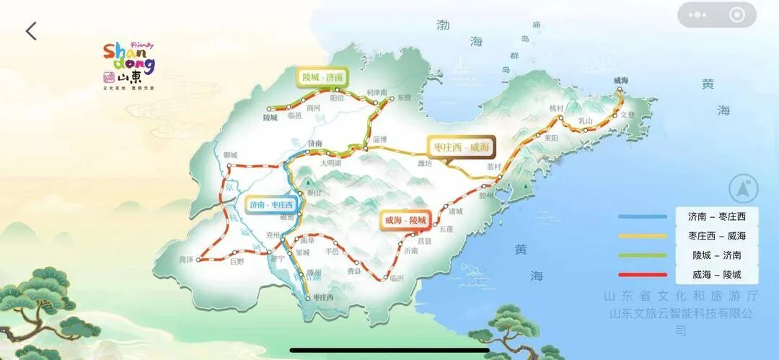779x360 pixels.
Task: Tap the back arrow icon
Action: pyautogui.click(x=30, y=31)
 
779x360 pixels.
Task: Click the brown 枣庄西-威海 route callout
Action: pyautogui.click(x=460, y=146)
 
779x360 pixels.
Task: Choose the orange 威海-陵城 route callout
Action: pyautogui.click(x=406, y=219)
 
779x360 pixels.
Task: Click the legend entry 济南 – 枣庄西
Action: pyautogui.click(x=716, y=216)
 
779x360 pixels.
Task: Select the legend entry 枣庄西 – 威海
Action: pyautogui.click(x=716, y=236)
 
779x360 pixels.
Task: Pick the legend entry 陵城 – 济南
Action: pyautogui.click(x=716, y=255)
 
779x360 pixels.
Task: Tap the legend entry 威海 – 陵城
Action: pyautogui.click(x=716, y=275)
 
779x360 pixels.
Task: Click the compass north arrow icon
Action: pyautogui.click(x=744, y=189)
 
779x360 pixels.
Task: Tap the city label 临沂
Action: pyautogui.click(x=397, y=278)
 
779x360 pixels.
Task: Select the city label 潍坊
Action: pyautogui.click(x=405, y=163)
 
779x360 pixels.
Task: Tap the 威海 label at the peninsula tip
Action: pyautogui.click(x=620, y=80)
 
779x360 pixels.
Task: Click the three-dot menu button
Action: pyautogui.click(x=697, y=14)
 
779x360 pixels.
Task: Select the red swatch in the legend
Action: pyautogui.click(x=643, y=275)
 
